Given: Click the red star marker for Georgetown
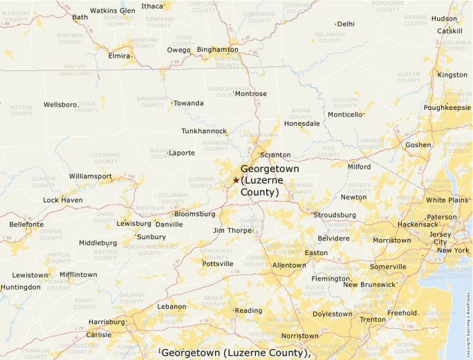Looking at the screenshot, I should [236, 180].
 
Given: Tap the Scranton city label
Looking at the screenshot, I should [275, 155].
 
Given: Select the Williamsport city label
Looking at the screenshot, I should [90, 176].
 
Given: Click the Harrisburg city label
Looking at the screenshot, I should [106, 322].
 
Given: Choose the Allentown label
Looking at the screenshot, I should [289, 265].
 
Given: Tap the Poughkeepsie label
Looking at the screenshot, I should [447, 108].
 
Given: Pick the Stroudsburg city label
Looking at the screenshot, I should [335, 215].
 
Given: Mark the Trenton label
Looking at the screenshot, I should [373, 320].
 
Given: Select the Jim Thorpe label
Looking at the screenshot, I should [232, 230].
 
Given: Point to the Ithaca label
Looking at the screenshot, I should [152, 6].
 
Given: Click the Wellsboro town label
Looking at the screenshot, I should [60, 104].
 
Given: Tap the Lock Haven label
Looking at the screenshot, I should [62, 200].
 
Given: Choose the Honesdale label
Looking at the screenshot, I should [302, 124].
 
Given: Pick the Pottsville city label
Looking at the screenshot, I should [217, 263].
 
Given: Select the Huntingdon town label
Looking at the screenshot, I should [21, 287].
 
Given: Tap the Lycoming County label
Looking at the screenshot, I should [106, 158].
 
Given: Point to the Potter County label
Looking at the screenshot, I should [21, 111].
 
